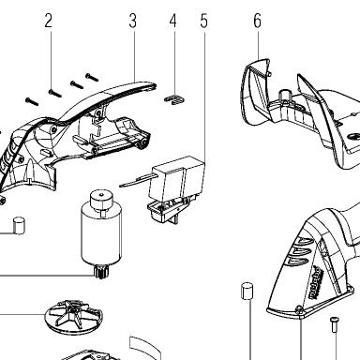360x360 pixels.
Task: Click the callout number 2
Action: tap(48, 21)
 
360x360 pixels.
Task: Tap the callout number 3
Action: tap(133, 21)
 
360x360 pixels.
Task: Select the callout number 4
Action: tap(173, 21)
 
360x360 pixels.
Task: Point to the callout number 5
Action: tap(203, 21)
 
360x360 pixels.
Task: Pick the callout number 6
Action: tap(257, 21)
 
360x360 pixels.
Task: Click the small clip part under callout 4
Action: tap(174, 99)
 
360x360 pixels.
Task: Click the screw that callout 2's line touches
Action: tap(55, 93)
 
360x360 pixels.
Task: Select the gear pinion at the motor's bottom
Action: tap(100, 271)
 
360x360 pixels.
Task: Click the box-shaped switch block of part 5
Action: tap(177, 176)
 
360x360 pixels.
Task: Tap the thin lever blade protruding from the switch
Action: tap(137, 181)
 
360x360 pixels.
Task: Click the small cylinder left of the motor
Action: tap(19, 226)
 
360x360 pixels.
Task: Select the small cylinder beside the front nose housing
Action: tap(247, 291)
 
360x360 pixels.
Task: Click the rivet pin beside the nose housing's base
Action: tap(334, 324)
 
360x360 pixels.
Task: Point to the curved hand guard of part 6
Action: tap(256, 91)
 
